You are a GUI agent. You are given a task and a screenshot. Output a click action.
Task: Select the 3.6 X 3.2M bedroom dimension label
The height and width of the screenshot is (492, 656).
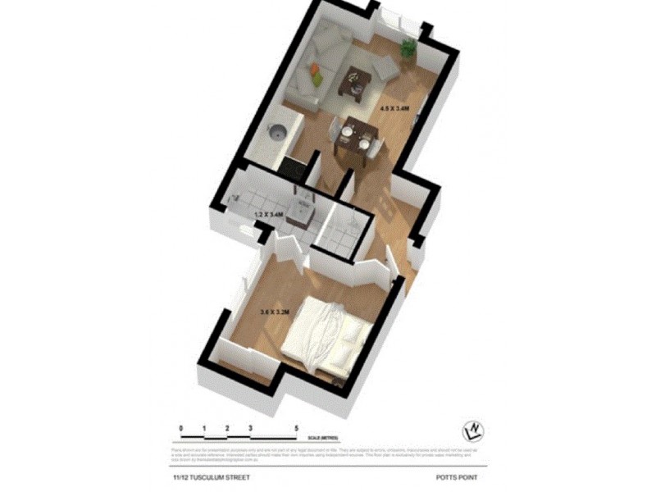(275, 312)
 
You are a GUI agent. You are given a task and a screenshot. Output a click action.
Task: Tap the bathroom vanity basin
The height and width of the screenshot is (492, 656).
(303, 212)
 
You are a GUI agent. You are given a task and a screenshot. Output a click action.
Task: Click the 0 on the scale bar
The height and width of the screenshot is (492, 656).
(181, 428)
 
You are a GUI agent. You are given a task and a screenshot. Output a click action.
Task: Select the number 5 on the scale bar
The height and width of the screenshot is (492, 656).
(296, 428)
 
